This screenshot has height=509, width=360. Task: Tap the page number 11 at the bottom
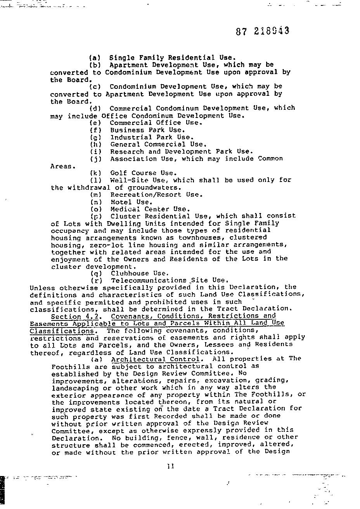pos(170,466)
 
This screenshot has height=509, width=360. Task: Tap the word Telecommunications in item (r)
pos(149,280)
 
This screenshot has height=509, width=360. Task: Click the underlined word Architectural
pos(135,359)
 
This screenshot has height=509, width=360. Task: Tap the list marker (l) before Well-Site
pos(95,180)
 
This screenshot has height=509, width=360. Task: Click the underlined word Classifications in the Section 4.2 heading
pos(62,331)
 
